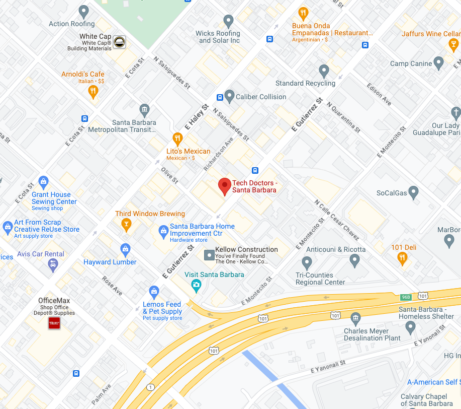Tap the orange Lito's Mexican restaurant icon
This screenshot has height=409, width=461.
[177, 139]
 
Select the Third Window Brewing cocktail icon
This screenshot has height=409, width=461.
[126, 225]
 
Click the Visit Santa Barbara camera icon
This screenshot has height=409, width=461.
[196, 286]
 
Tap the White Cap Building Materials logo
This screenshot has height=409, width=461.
[120, 42]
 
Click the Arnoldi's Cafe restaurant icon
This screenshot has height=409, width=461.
[93, 91]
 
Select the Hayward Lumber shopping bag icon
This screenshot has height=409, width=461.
[125, 249]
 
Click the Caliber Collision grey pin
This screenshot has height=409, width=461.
[229, 96]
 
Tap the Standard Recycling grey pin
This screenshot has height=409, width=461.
[324, 71]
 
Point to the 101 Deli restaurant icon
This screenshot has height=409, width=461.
[402, 259]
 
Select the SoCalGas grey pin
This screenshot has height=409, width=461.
[413, 192]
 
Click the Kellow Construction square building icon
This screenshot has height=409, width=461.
[209, 256]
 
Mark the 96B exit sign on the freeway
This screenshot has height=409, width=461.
[406, 297]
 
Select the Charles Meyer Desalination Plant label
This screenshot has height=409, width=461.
[373, 334]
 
